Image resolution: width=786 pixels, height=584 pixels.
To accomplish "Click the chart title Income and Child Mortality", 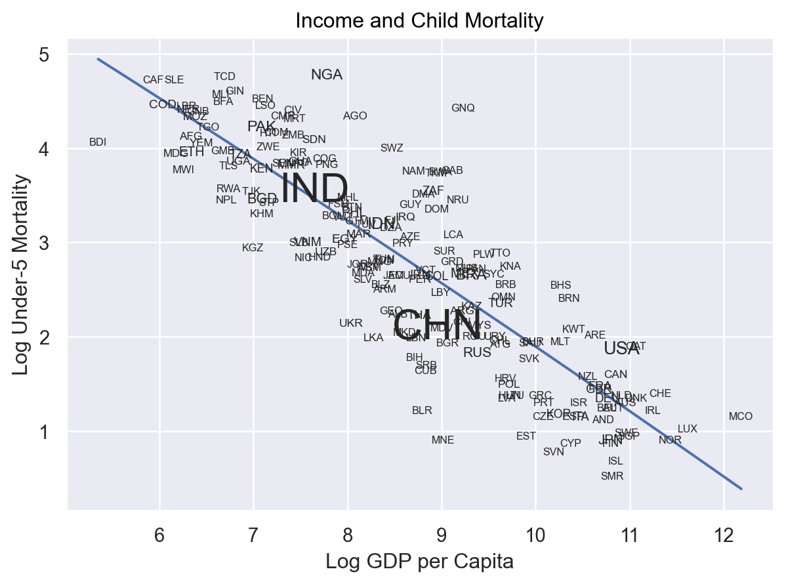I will (x=419, y=21).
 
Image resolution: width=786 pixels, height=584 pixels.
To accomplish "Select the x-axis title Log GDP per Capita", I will (x=419, y=562).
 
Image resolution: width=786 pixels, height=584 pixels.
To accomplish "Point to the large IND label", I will (x=314, y=190).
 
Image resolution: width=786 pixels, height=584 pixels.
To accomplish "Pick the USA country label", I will (x=621, y=348).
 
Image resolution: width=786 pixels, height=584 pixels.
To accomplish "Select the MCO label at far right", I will (x=740, y=417).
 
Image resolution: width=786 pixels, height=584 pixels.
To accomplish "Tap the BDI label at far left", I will (x=98, y=142).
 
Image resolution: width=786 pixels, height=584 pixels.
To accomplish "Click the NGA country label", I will (x=327, y=75).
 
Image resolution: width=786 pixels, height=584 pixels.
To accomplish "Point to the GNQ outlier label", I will (x=463, y=108).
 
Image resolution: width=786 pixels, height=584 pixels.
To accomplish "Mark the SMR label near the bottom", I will (x=611, y=476).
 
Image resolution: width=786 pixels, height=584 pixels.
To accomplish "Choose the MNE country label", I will (x=443, y=440).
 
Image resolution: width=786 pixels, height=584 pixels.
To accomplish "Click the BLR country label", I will (x=422, y=411).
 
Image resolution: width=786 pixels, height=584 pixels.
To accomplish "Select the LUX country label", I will (x=687, y=429).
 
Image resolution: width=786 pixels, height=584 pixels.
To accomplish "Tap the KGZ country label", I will (x=253, y=248).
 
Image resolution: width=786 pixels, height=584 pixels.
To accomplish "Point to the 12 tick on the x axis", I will (x=724, y=535).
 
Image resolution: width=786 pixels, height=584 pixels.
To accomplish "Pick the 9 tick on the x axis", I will (x=442, y=535).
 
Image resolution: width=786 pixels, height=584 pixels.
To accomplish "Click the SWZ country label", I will (x=392, y=148).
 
